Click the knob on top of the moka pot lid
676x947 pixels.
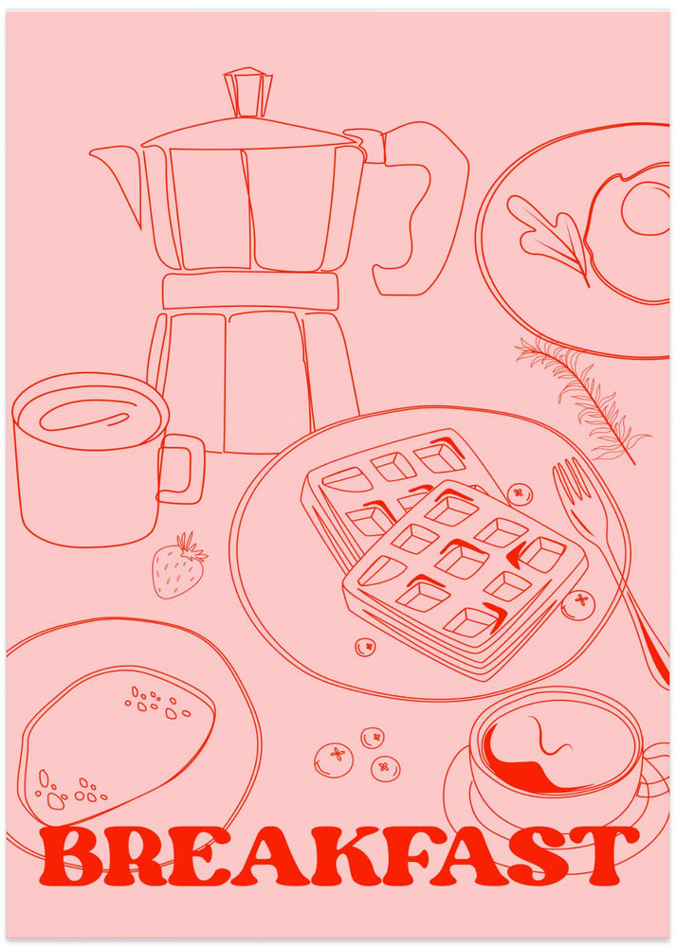coord(248,91)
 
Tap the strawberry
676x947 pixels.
coord(177,569)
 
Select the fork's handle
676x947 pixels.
coord(635,606)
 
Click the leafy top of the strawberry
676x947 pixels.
coord(192,546)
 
